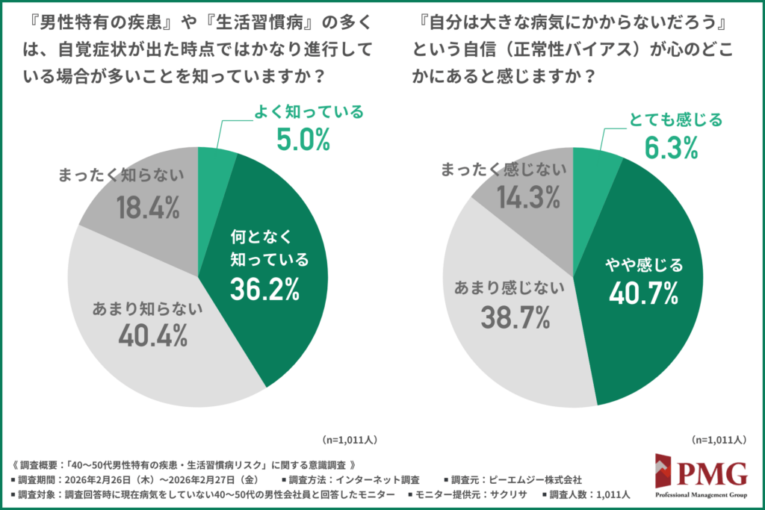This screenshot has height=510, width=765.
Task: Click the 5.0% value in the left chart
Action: click(x=303, y=140)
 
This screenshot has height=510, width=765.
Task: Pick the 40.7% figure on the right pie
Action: click(x=643, y=293)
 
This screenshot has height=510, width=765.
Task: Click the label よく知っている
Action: click(x=306, y=113)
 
